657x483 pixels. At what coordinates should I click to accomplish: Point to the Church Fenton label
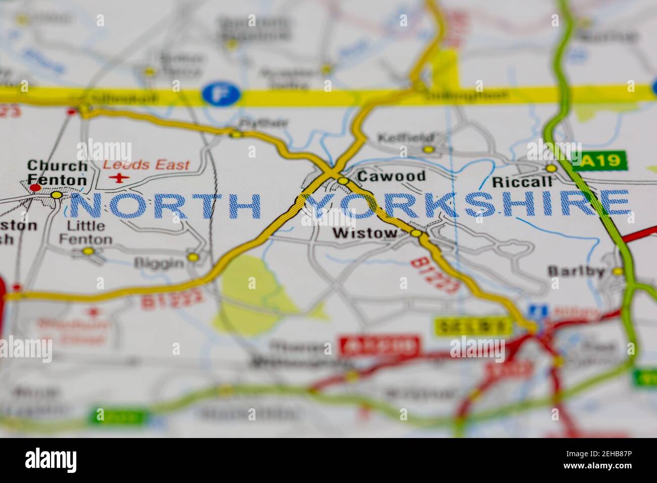[57, 172]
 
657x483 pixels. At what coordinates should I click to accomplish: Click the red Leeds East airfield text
[146, 165]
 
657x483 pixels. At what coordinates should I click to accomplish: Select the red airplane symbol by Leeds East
[119, 177]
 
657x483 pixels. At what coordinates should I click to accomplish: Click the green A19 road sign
[599, 161]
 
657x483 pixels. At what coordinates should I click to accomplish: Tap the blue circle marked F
[216, 94]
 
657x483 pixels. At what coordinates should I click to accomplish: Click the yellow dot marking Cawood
[343, 181]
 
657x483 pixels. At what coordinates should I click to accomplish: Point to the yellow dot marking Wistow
[415, 233]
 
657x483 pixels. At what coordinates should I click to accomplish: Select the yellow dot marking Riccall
[551, 168]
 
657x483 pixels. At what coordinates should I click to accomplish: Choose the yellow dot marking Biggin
[193, 257]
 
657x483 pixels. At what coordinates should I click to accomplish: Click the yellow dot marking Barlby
[618, 271]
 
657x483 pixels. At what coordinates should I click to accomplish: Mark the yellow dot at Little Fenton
[88, 251]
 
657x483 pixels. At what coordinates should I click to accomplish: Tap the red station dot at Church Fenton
[35, 188]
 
